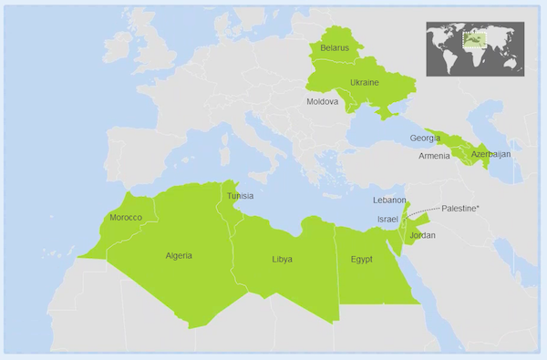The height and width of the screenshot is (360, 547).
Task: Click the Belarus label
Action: tap(336, 48)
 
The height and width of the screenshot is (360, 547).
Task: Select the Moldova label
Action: tap(323, 102)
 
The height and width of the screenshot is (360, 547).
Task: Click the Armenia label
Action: tap(434, 156)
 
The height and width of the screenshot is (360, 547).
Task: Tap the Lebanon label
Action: tap(389, 200)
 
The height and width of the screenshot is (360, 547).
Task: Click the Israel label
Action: tap(387, 220)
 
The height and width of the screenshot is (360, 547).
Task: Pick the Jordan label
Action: tap(423, 235)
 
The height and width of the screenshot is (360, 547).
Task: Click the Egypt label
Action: tap(362, 260)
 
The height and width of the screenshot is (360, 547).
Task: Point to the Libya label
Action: tap(283, 260)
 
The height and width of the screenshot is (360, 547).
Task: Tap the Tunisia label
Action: tap(240, 196)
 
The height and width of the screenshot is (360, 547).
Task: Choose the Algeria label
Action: tap(179, 255)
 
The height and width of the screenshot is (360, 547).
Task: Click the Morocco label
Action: tap(126, 218)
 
